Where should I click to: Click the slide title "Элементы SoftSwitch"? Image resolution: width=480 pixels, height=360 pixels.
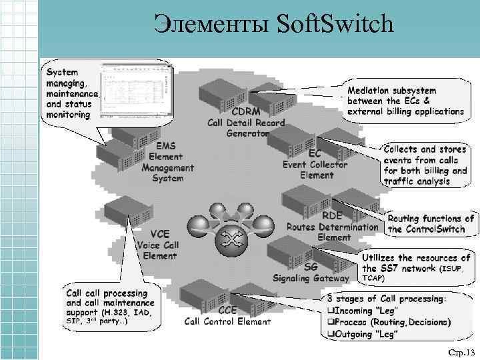pos(273,25)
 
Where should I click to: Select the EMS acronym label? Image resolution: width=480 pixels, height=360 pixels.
pos(167,145)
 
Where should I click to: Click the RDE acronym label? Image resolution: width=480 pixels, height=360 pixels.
pos(333,215)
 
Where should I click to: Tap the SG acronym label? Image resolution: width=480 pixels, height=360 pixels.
pos(310,267)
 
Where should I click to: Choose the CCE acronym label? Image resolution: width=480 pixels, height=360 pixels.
pos(227,310)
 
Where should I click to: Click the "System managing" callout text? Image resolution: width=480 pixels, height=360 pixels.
pos(70,93)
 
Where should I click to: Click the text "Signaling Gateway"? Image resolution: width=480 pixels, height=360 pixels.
pos(311,278)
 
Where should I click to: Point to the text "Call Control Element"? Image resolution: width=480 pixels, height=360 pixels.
pos(227,321)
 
